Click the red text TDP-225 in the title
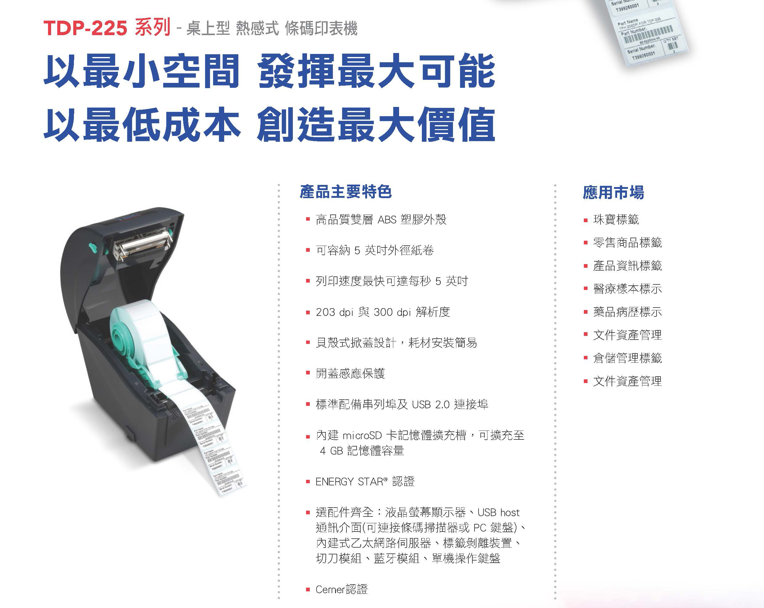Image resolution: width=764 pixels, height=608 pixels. coord(85,28)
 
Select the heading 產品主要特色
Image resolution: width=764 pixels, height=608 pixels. coord(346,192)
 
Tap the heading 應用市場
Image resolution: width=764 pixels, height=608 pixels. coord(613,193)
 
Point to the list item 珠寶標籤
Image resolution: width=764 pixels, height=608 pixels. coord(616,220)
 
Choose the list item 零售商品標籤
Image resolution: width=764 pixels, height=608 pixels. coord(627,243)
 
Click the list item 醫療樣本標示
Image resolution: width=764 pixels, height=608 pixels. coord(627,289)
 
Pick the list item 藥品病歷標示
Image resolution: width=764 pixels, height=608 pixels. coord(627,312)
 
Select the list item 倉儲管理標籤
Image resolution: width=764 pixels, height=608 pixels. coord(627,358)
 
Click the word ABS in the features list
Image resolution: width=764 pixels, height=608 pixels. coord(387,220)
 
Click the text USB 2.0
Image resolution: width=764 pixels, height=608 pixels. coord(431,405)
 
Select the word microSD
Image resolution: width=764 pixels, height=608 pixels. coord(362,435)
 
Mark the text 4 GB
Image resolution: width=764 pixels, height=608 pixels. coord(331,451)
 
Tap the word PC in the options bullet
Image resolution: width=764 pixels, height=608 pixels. coord(479,528)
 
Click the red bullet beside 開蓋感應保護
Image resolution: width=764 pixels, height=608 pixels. coord(308,373)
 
